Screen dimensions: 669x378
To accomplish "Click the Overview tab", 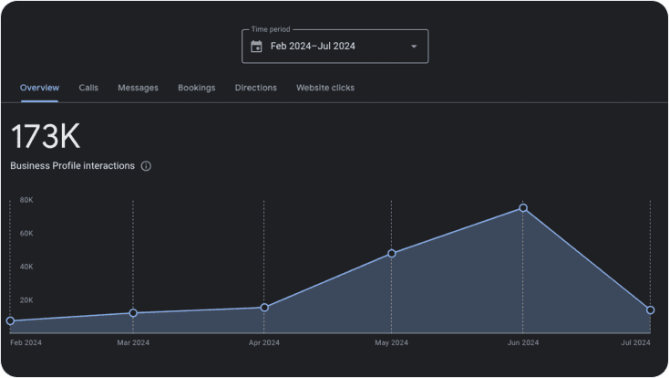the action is point(39,88).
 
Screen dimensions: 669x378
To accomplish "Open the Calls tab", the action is point(88,88).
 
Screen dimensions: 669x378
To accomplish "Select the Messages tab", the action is point(138,88).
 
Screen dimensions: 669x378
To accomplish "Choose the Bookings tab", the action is point(196,88).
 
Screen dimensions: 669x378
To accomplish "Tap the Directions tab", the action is point(255,88).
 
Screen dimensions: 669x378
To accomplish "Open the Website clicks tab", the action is point(325,88).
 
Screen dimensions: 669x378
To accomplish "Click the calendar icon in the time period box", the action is point(256,47).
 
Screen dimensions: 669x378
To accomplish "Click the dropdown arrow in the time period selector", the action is point(414,47).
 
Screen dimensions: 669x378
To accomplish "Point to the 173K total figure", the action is point(46,136).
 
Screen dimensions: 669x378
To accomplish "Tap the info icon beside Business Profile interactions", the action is point(146,166).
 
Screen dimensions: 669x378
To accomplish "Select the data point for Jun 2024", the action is point(523,208).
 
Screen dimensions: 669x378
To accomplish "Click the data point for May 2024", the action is point(392,254).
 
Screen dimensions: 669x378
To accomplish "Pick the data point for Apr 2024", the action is point(264,308).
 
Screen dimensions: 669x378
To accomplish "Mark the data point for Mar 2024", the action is point(133,313).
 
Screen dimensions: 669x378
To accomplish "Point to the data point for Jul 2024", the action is point(650,310).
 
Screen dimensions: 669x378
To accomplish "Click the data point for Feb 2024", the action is point(10,320).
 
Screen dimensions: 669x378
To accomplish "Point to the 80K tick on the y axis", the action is point(26,200).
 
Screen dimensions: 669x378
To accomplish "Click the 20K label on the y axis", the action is point(26,299).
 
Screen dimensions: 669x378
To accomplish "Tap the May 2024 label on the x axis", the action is point(391,342).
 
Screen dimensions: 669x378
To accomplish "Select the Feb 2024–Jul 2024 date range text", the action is point(313,47).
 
